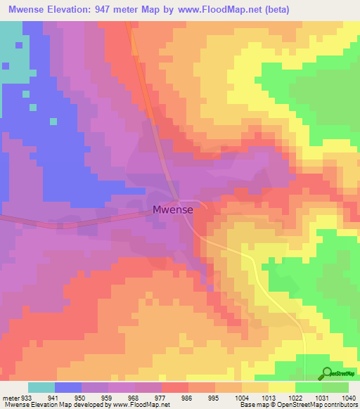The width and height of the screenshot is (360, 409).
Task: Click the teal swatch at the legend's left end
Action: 41,387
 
